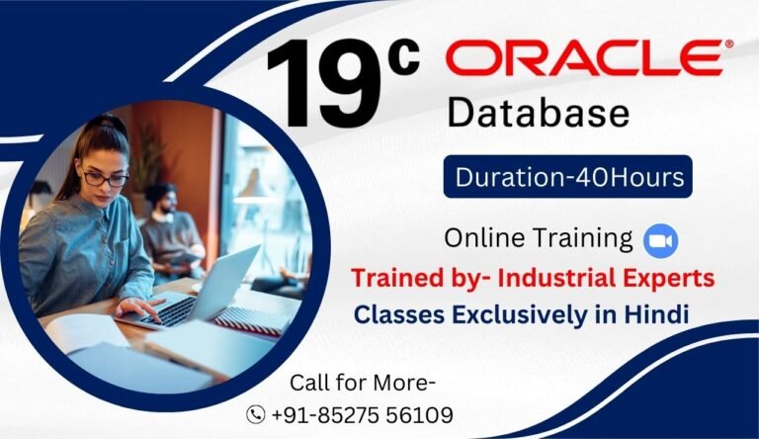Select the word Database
tap(538, 112)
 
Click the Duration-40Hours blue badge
tap(567, 179)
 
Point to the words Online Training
tap(538, 238)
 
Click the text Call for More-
tap(363, 383)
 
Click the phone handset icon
tap(256, 414)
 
